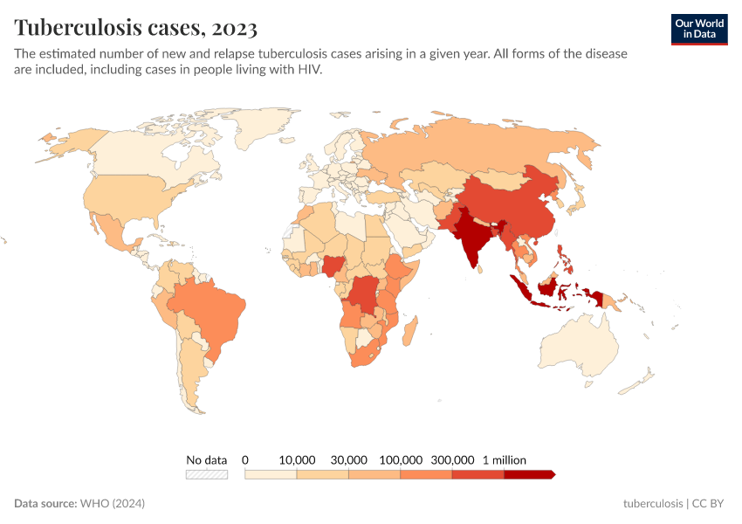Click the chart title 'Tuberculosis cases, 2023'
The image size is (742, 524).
coord(135,28)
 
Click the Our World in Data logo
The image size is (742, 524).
coord(698,28)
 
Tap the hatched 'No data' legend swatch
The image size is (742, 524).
coord(207,474)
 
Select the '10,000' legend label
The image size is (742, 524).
coord(297,459)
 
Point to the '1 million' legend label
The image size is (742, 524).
coord(505,459)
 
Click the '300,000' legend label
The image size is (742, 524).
coord(452,459)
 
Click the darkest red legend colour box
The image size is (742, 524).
coord(528,474)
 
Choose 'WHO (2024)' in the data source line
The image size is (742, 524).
coord(112,504)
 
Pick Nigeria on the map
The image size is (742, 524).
coord(333,265)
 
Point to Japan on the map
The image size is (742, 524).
coord(577,200)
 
